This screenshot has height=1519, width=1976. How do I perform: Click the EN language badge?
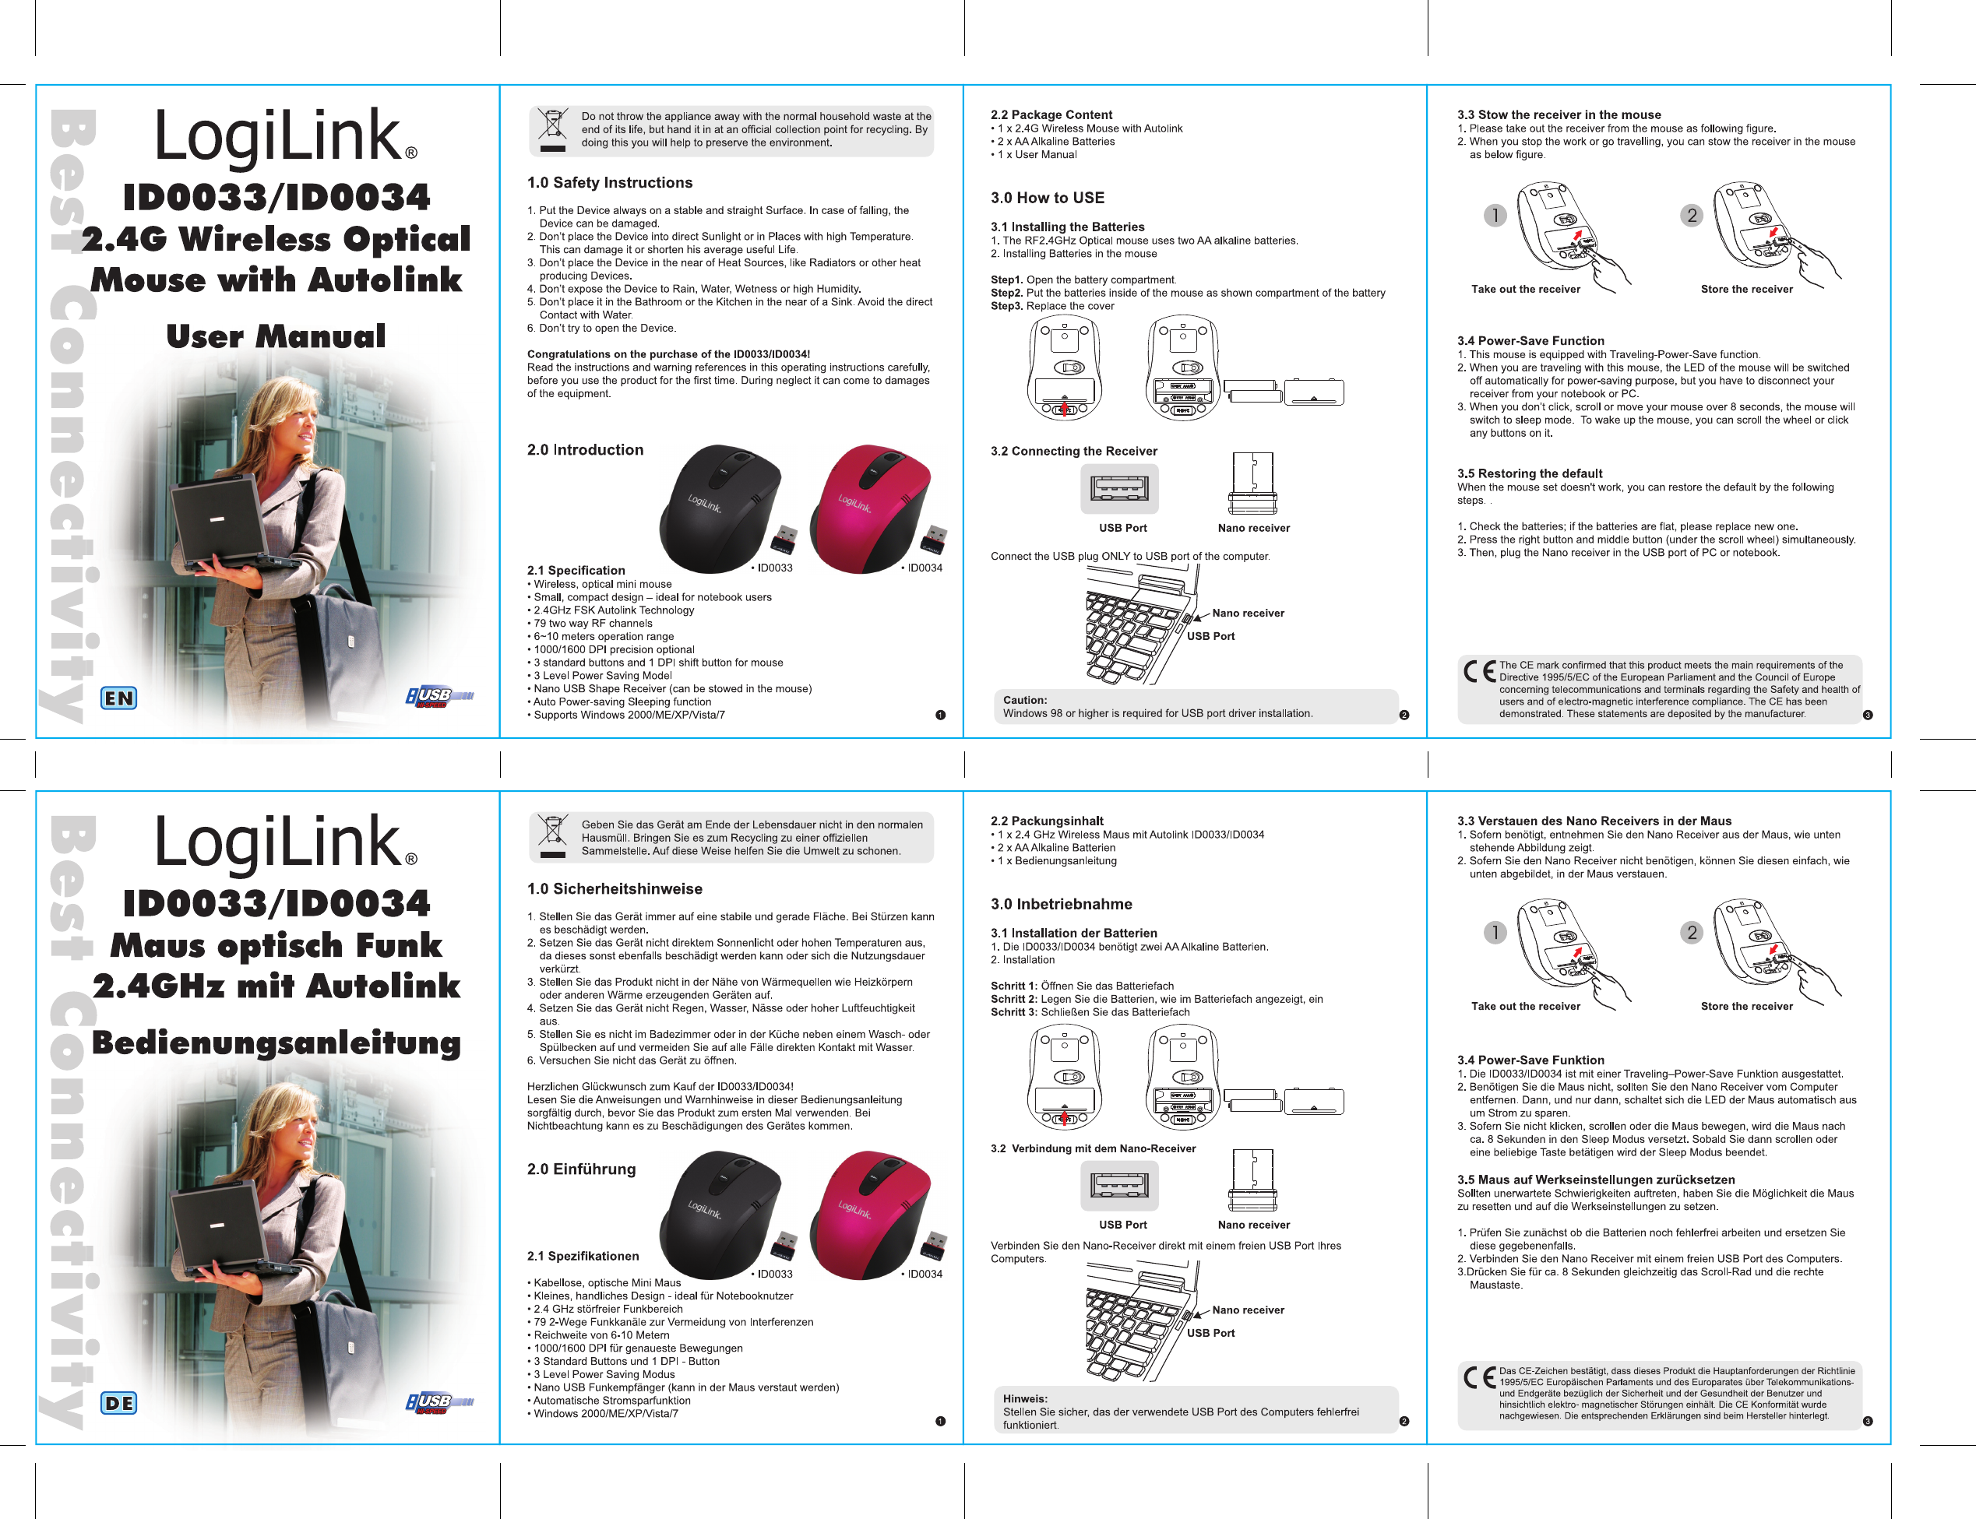(118, 698)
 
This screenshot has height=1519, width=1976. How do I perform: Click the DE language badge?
(118, 1403)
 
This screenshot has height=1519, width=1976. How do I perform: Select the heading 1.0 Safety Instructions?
(610, 183)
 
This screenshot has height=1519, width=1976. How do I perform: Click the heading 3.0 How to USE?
(1048, 198)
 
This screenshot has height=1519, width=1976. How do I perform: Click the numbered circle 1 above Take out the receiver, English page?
(1495, 215)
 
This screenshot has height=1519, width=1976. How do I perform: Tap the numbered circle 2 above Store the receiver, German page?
(1691, 932)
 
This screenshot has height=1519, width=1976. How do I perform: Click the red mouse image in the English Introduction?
(870, 508)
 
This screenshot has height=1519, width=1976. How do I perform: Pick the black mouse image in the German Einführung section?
(720, 1215)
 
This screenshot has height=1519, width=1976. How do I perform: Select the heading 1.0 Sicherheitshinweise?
(615, 889)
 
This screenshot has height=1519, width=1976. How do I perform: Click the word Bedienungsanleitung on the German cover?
(276, 1043)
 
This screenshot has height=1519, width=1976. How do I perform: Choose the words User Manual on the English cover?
(276, 336)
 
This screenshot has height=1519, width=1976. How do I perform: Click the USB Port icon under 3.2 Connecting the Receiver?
(1119, 488)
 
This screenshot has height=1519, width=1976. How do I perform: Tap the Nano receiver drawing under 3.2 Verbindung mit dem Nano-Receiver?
(1252, 1180)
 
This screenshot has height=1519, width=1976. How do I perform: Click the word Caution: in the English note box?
(1025, 700)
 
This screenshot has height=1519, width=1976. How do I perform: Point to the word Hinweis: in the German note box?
(1025, 1399)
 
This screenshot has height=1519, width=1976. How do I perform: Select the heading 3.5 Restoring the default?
(1529, 474)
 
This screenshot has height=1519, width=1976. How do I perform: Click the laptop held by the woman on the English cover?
(220, 522)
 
